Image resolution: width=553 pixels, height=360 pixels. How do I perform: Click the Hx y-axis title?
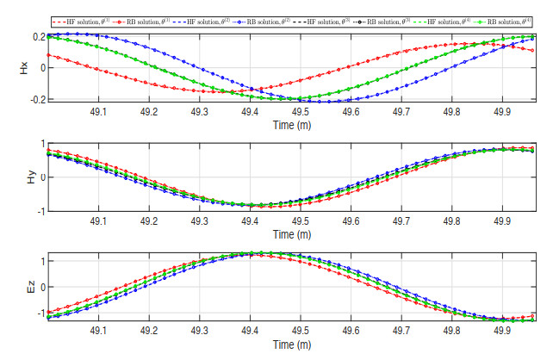coord(25,68)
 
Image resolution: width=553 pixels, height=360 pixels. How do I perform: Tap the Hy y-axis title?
coord(25,177)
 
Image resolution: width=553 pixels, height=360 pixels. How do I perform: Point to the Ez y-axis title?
coord(25,289)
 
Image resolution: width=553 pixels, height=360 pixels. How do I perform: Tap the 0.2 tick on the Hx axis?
coord(39,37)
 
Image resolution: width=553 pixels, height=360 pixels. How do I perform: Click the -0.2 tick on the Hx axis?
coord(37,100)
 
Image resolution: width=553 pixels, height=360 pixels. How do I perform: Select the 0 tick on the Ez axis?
coord(41,289)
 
